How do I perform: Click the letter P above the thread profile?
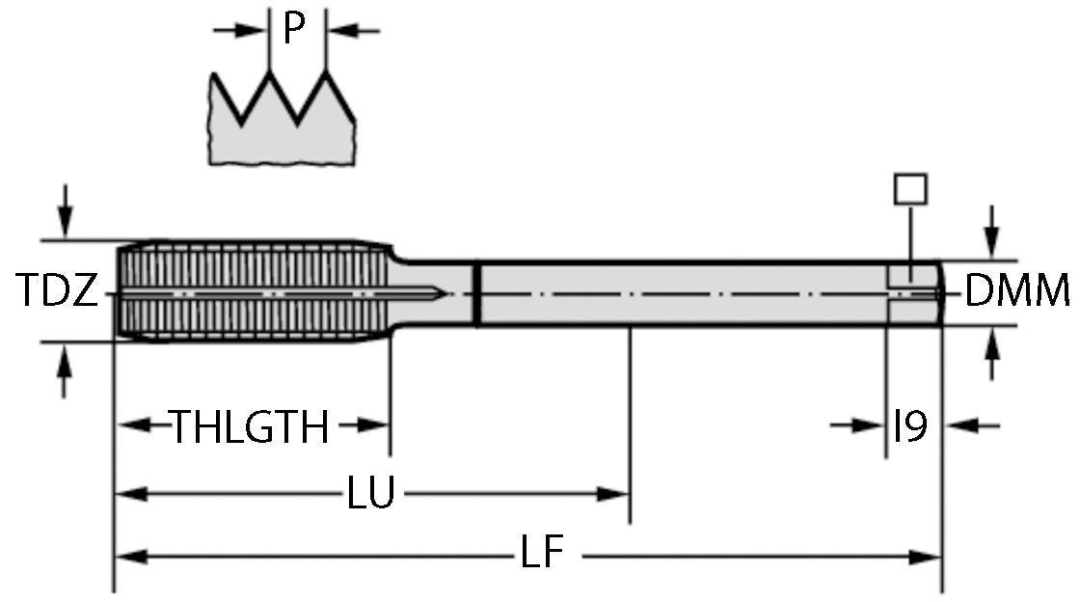tap(294, 30)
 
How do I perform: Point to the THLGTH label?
tap(250, 426)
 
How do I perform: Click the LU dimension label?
tap(370, 495)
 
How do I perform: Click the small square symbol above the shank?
tap(910, 188)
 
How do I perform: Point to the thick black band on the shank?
tap(476, 293)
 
